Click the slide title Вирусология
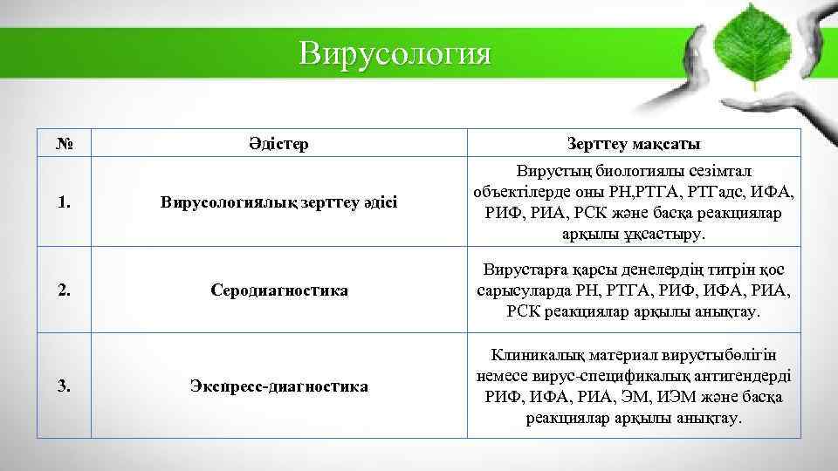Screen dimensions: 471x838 coord(395,53)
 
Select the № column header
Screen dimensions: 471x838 coord(63,143)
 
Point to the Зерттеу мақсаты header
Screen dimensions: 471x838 coord(634,143)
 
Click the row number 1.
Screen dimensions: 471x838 coord(63,202)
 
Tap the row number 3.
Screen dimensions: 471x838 coord(63,386)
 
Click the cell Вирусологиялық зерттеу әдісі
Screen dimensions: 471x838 coord(278,202)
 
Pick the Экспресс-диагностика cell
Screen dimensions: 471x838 coord(278,386)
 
